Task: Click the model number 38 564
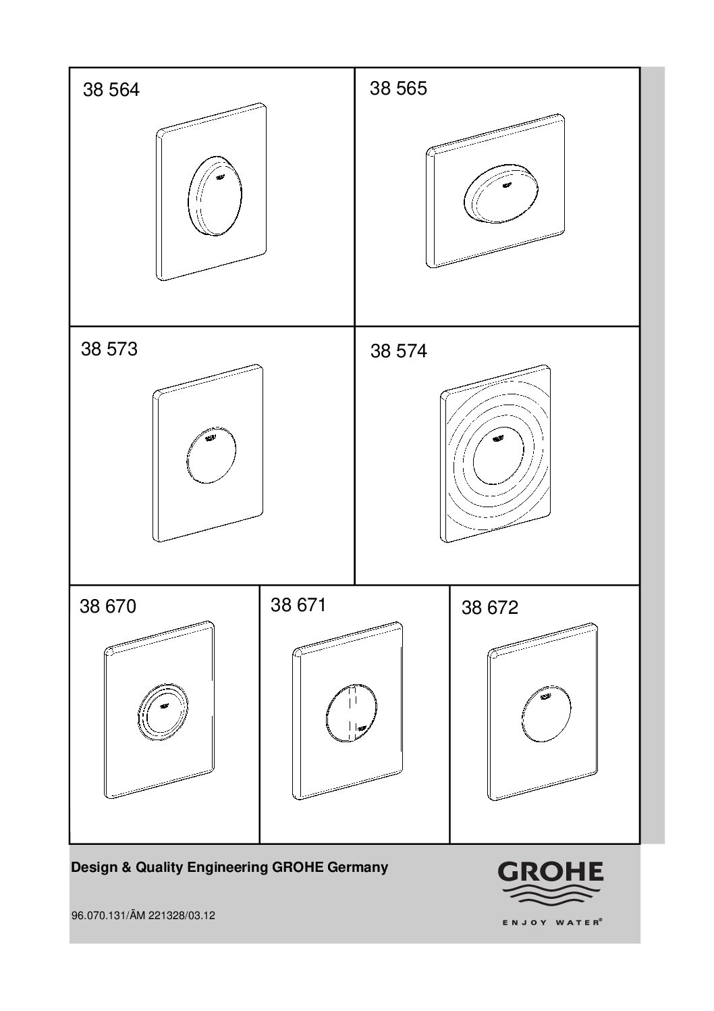click(111, 90)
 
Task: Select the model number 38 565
click(398, 88)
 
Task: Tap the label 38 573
click(109, 349)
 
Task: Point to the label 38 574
click(399, 351)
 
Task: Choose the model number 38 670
click(108, 606)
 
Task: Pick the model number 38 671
click(298, 605)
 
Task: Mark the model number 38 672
click(490, 608)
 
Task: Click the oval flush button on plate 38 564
click(215, 196)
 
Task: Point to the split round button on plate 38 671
click(352, 713)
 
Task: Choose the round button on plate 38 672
click(547, 715)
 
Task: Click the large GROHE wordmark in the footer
click(550, 872)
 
